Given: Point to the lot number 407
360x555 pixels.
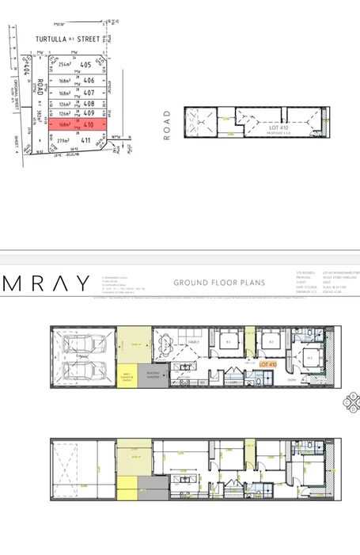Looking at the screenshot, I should click(89, 93).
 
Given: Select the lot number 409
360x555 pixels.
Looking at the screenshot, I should click(89, 113).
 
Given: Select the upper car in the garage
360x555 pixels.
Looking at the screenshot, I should click(84, 346).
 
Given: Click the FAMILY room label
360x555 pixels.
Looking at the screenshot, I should click(191, 343).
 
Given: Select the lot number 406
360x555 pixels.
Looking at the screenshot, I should click(89, 81).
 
